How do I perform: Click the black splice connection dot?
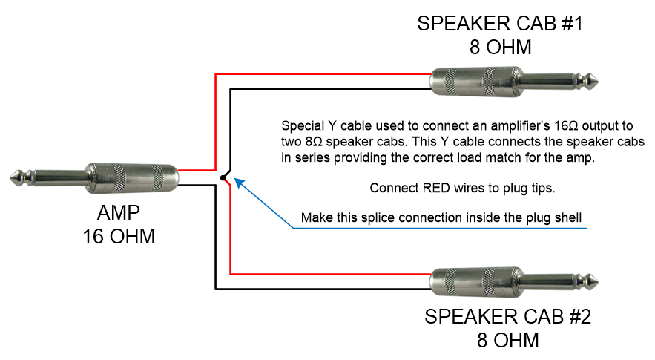click(x=223, y=177)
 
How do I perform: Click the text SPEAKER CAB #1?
click(x=500, y=24)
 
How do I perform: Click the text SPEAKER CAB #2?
click(x=507, y=317)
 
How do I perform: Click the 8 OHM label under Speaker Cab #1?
click(x=501, y=48)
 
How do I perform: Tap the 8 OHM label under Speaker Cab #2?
click(x=507, y=341)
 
